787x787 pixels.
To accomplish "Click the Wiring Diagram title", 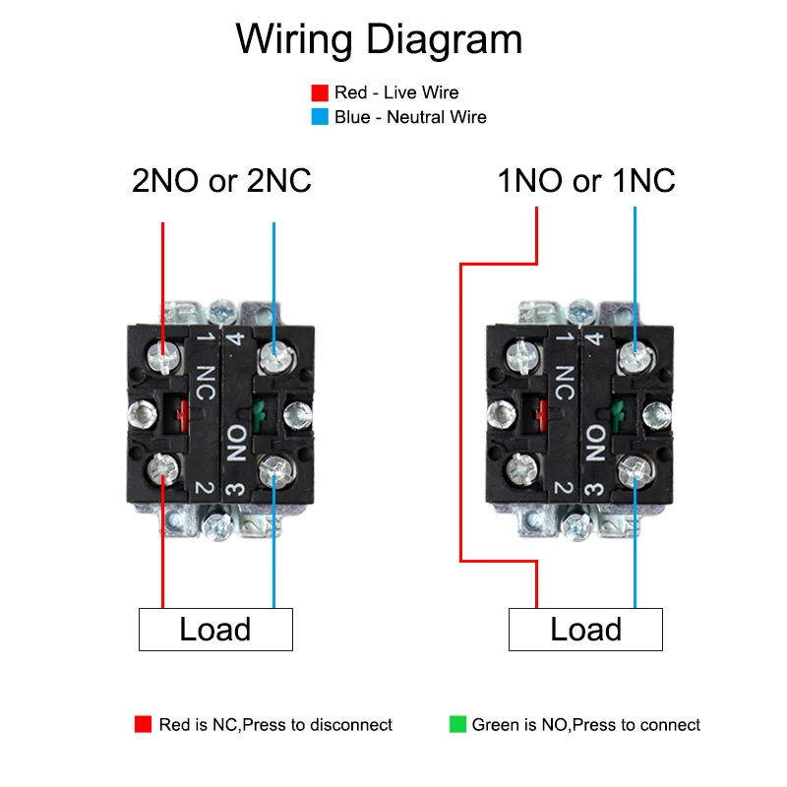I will (379, 39).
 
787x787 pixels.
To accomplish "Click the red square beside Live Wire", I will (319, 93).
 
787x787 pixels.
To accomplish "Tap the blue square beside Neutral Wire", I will (319, 117).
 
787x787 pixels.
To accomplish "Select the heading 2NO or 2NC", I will (221, 181).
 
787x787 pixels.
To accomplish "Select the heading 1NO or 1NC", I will (586, 181).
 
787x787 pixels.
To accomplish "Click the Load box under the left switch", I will (215, 630).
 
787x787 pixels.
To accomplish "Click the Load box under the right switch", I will (585, 630).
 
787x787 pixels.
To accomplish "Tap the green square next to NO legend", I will (457, 725).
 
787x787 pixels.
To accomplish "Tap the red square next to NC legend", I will (144, 725).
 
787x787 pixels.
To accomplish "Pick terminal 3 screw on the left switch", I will (272, 475).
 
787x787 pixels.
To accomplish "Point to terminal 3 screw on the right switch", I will (635, 475).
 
